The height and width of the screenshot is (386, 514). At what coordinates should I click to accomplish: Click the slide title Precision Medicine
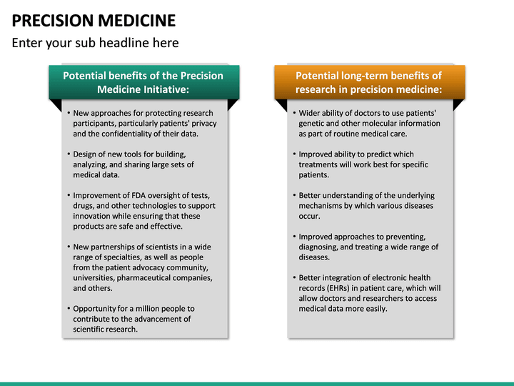click(x=94, y=19)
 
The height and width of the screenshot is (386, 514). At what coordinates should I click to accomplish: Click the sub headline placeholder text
click(x=95, y=43)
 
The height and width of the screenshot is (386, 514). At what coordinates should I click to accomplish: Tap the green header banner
click(x=143, y=82)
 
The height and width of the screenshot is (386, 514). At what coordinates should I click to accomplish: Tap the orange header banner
click(x=369, y=82)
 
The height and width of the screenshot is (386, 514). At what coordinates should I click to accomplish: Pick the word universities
click(x=96, y=278)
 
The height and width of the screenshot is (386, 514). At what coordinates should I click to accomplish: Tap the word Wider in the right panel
click(x=311, y=113)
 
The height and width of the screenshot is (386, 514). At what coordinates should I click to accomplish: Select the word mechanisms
click(x=322, y=206)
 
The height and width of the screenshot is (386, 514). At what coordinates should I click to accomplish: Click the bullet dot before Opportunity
click(x=69, y=309)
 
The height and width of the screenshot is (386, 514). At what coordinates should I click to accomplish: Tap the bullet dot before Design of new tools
click(x=69, y=154)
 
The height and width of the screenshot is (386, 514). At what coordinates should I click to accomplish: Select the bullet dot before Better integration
click(x=294, y=278)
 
